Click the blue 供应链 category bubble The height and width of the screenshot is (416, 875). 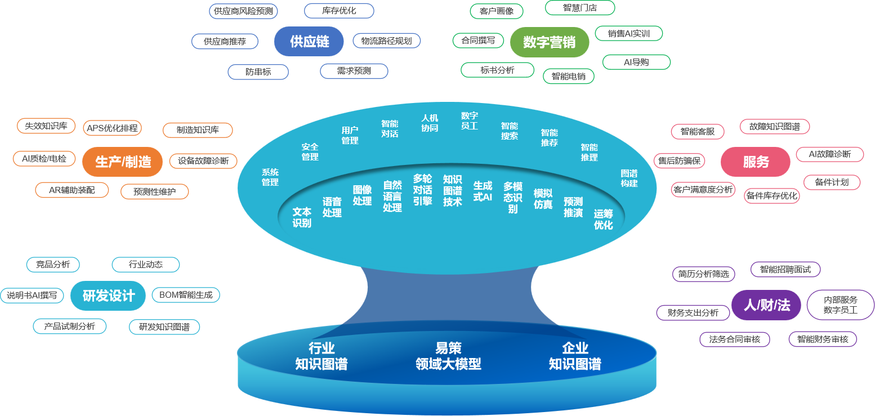tap(309, 42)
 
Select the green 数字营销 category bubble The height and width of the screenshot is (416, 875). tap(549, 43)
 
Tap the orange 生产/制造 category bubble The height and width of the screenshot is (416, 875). tap(123, 162)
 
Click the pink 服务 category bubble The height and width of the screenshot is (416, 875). tap(755, 162)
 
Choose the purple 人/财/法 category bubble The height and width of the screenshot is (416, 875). tap(766, 305)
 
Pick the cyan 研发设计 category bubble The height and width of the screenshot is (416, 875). tap(108, 296)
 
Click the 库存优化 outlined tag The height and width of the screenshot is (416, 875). tap(338, 11)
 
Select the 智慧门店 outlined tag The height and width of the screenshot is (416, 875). tap(579, 8)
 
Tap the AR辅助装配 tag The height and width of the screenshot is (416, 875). tap(72, 190)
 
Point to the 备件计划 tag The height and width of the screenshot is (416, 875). tap(832, 182)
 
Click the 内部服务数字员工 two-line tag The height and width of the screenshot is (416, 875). tap(840, 305)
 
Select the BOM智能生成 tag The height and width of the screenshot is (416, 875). tap(186, 294)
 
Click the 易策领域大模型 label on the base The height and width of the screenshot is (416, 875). tap(448, 356)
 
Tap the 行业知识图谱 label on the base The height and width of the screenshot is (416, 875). tap(321, 356)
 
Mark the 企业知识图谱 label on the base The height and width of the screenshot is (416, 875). tap(574, 356)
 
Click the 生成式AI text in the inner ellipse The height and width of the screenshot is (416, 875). tap(483, 191)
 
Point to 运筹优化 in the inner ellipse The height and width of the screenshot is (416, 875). tap(603, 219)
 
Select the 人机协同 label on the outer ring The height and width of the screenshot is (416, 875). tap(430, 123)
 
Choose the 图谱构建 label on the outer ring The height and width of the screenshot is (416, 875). tap(629, 178)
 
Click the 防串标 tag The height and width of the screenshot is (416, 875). tap(258, 72)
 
